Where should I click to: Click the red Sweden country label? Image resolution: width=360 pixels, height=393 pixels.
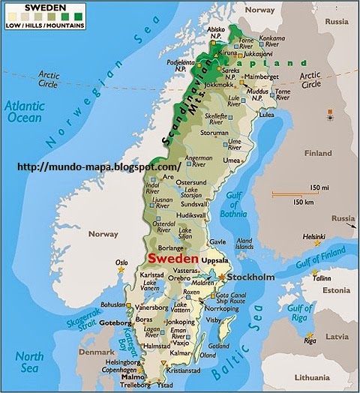[x=174, y=256]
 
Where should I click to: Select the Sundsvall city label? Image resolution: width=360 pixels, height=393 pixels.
[x=194, y=203]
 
